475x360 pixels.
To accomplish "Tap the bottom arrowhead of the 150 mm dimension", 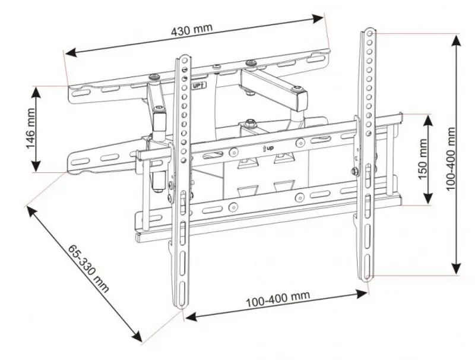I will coord(427,201).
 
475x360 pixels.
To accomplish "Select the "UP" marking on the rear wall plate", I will coord(199,85).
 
